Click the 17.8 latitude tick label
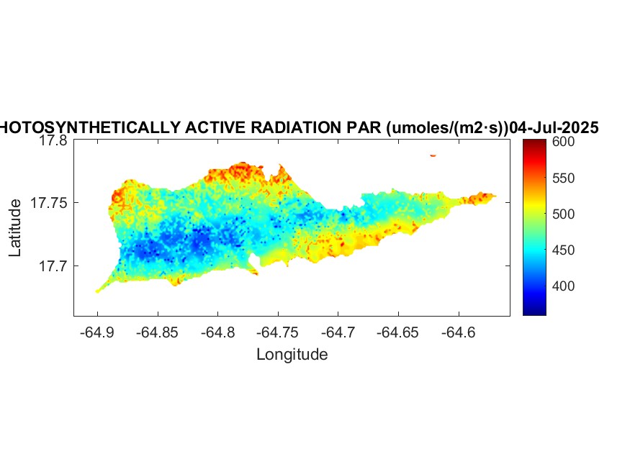tap(53, 141)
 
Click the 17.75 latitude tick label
tap(50, 204)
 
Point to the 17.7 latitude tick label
tap(53, 266)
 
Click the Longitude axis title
tap(292, 354)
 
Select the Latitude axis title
tap(16, 229)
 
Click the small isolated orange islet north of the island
tap(433, 155)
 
